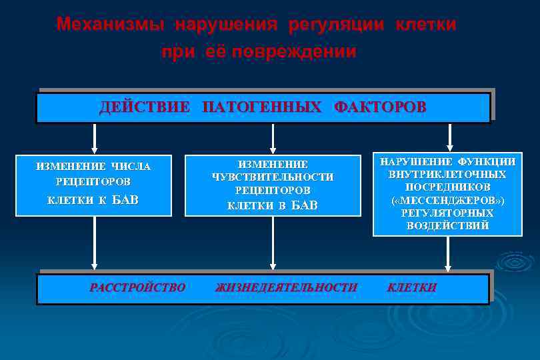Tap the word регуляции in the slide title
pos(336,25)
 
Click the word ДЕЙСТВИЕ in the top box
pos(145,107)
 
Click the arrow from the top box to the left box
pos(95,138)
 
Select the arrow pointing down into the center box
pos(272,138)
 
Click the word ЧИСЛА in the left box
pos(131,167)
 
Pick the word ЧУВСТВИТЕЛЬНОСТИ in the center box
pos(272,177)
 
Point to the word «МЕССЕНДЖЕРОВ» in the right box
pos(447,200)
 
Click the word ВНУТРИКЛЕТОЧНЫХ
pos(447,174)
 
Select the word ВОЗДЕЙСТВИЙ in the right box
pos(447,225)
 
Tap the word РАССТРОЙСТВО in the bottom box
pos(137,288)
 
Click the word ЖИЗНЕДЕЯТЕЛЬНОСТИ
pos(286,288)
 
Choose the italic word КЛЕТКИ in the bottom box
pos(412,288)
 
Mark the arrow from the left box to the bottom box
pos(95,243)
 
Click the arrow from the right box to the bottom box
pos(448,254)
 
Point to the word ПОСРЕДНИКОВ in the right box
pos(447,187)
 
